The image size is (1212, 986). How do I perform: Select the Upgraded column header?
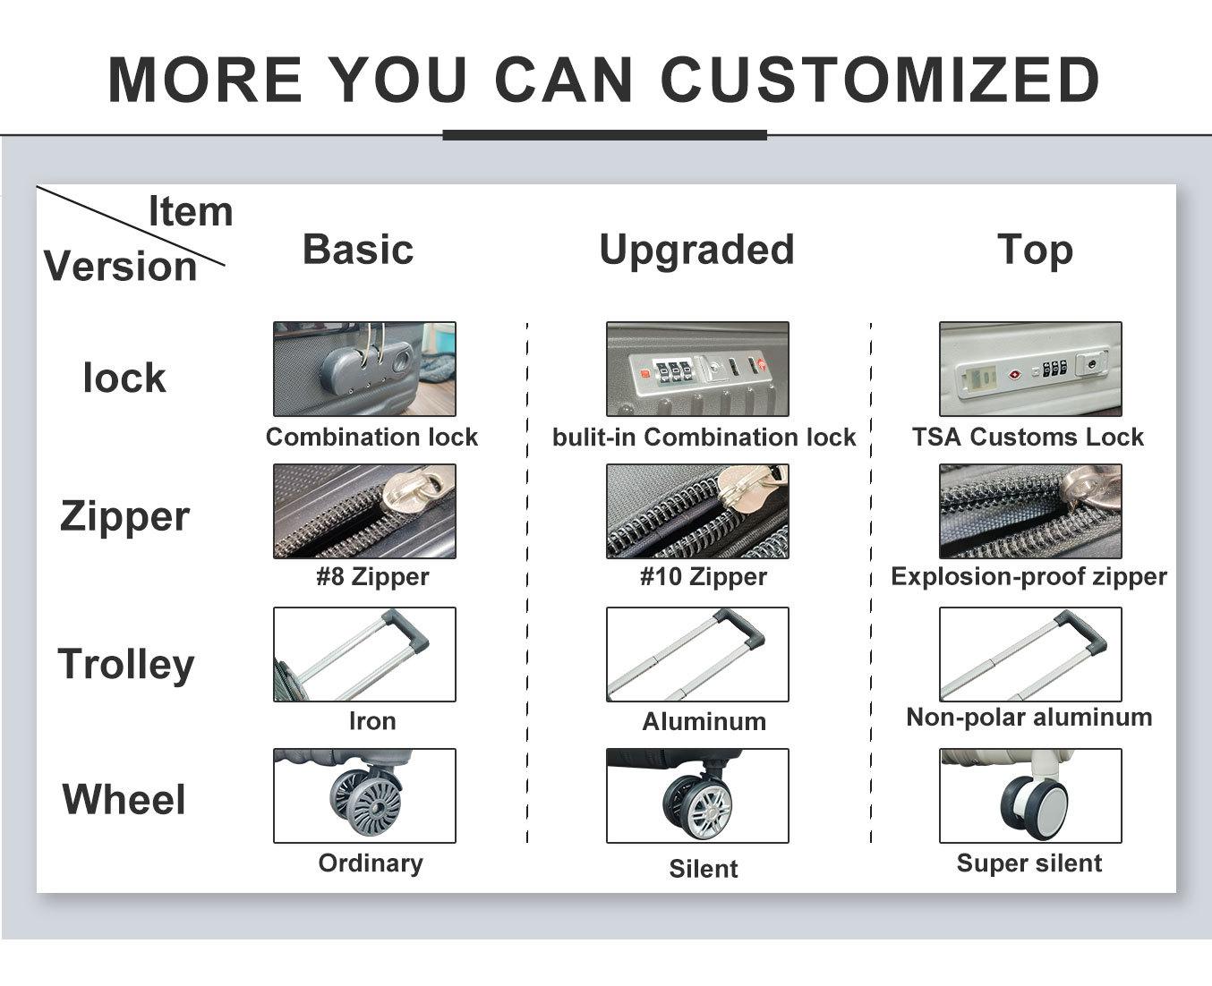[x=696, y=251]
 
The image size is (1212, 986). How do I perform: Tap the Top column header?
[x=1035, y=251]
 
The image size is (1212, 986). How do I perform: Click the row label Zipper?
[x=124, y=516]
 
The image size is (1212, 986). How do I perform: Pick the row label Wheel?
[x=124, y=799]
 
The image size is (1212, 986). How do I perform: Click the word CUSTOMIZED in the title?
[x=880, y=79]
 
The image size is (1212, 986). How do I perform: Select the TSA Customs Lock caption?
[x=1028, y=437]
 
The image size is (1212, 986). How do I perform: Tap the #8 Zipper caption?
[x=372, y=576]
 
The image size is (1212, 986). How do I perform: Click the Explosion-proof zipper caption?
[x=1028, y=576]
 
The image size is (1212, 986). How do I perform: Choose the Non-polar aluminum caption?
[x=1028, y=717]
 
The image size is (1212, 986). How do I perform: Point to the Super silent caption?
[x=1029, y=863]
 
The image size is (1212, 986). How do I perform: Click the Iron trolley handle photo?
[x=364, y=654]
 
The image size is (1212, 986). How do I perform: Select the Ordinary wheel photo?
[x=364, y=795]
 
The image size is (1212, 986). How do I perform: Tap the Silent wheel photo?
[x=697, y=795]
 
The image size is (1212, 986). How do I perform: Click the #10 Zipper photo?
[x=697, y=511]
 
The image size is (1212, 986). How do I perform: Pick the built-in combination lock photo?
[x=697, y=369]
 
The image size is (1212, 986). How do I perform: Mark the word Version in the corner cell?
[x=121, y=266]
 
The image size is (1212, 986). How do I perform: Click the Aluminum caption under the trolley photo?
[x=704, y=721]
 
